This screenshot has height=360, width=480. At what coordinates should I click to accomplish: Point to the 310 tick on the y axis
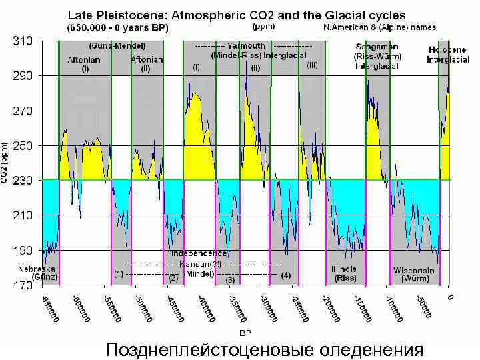coord(24,41)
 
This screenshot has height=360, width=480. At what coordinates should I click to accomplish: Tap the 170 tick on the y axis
coord(24,285)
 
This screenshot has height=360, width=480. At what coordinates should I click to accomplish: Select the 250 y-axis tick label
coord(24,145)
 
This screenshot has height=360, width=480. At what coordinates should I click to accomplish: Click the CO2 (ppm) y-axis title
coord(5,163)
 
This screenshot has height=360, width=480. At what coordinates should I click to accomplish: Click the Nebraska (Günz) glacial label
coord(38,273)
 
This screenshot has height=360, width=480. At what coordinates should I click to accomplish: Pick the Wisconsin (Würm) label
coord(414,275)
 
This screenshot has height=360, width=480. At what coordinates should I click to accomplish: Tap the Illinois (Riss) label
coord(344,273)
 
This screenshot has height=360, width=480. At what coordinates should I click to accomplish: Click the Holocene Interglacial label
coord(447,55)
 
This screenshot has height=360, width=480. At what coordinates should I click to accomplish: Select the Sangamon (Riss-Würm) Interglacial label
coord(377,57)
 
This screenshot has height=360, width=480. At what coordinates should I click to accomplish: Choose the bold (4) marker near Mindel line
coord(286,275)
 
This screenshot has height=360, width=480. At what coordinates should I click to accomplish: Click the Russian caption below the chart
coord(265,349)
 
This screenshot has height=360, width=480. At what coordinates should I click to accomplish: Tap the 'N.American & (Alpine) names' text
coord(380,28)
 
